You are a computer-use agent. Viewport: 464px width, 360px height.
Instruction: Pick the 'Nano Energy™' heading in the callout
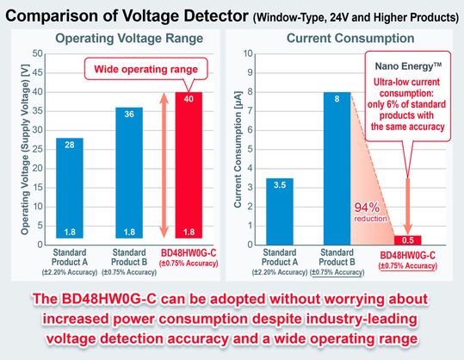[x=408, y=65]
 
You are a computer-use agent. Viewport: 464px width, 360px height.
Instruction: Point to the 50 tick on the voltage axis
[x=37, y=53]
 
